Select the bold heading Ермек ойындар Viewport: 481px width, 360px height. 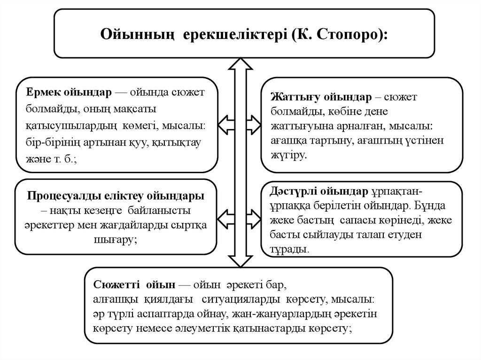coord(69,92)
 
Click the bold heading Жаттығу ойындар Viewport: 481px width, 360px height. coord(321,97)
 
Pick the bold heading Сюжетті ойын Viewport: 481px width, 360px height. coord(134,285)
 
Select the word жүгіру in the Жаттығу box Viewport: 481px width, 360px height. coord(287,154)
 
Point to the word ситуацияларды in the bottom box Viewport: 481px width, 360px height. coord(242,299)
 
